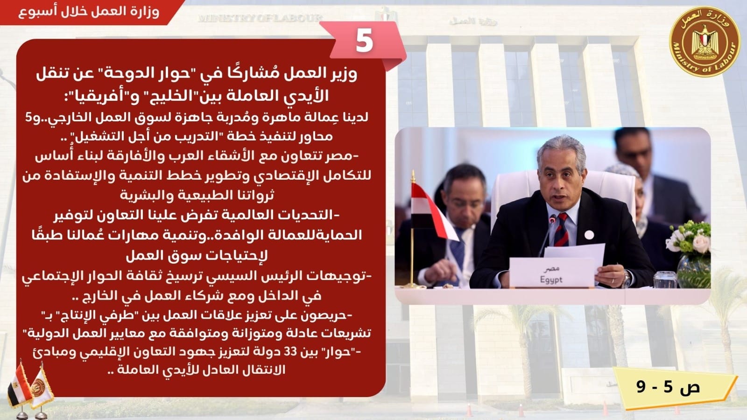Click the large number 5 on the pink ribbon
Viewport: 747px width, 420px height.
tap(364, 41)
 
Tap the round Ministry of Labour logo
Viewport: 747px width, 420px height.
tap(705, 42)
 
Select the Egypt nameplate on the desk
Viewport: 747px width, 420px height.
tap(552, 273)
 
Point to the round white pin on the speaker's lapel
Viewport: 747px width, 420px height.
tap(589, 235)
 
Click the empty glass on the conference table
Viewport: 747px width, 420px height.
tap(665, 280)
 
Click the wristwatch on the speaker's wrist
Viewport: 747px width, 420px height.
tap(626, 279)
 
